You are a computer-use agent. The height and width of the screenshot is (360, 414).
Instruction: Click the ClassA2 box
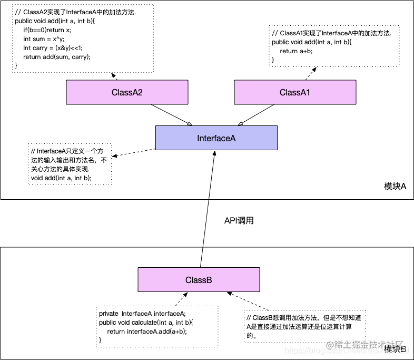(x=127, y=92)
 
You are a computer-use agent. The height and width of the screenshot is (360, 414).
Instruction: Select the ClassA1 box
(x=294, y=92)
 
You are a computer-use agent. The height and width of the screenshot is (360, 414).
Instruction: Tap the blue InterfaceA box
(x=216, y=138)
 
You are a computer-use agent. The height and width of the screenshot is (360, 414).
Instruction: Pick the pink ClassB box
(x=198, y=280)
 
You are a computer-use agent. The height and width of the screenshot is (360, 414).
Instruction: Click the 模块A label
(x=395, y=187)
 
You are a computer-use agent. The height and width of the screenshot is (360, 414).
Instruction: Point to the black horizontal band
(x=207, y=223)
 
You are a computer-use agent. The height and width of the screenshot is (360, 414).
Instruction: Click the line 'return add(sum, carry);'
(x=56, y=57)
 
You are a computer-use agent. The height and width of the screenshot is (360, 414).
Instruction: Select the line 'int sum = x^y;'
(x=44, y=39)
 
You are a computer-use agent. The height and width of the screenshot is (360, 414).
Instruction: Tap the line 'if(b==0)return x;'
(x=46, y=30)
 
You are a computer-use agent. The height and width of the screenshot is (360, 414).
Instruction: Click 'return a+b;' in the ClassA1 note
(x=296, y=51)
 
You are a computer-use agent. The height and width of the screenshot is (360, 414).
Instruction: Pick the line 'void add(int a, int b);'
(x=61, y=178)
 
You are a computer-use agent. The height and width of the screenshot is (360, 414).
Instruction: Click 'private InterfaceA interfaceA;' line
(x=142, y=314)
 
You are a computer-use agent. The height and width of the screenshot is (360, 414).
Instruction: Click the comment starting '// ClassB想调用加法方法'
(x=304, y=317)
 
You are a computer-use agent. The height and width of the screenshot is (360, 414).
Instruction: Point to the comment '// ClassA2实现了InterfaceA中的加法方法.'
(x=75, y=12)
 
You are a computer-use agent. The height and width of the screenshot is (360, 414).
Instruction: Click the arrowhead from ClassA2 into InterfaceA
(x=189, y=124)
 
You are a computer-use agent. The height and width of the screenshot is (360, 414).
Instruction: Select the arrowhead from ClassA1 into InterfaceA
(x=241, y=124)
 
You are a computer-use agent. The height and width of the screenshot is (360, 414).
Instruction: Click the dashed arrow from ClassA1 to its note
(x=309, y=73)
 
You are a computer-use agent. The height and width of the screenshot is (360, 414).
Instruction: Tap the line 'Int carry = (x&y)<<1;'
(x=53, y=48)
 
